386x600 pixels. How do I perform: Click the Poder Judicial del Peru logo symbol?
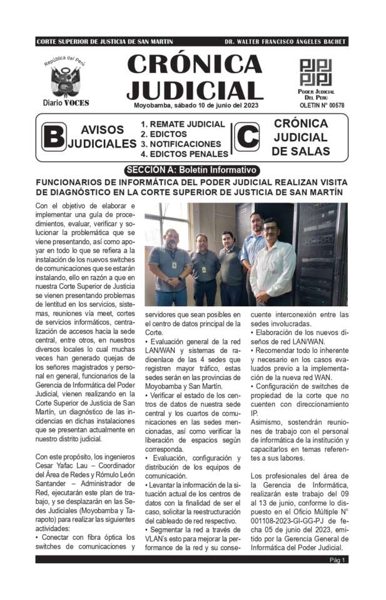pyautogui.click(x=316, y=72)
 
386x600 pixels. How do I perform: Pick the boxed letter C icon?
pyautogui.click(x=246, y=137)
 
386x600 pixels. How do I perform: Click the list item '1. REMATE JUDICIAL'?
pyautogui.click(x=183, y=124)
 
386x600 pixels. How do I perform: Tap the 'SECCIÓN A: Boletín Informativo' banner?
pyautogui.click(x=192, y=170)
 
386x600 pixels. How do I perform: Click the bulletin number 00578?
pyautogui.click(x=335, y=106)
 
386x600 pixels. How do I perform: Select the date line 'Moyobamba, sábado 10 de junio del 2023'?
pyautogui.click(x=196, y=105)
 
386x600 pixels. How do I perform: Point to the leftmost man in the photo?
pyautogui.click(x=170, y=266)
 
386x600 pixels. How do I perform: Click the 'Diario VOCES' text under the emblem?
pyautogui.click(x=66, y=102)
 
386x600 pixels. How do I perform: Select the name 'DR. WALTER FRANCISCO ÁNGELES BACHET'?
pyautogui.click(x=285, y=42)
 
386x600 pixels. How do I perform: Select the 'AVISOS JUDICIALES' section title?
pyautogui.click(x=102, y=137)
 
